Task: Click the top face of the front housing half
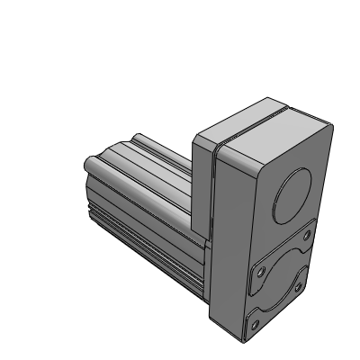point(270,139)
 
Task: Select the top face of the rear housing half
point(236,125)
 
